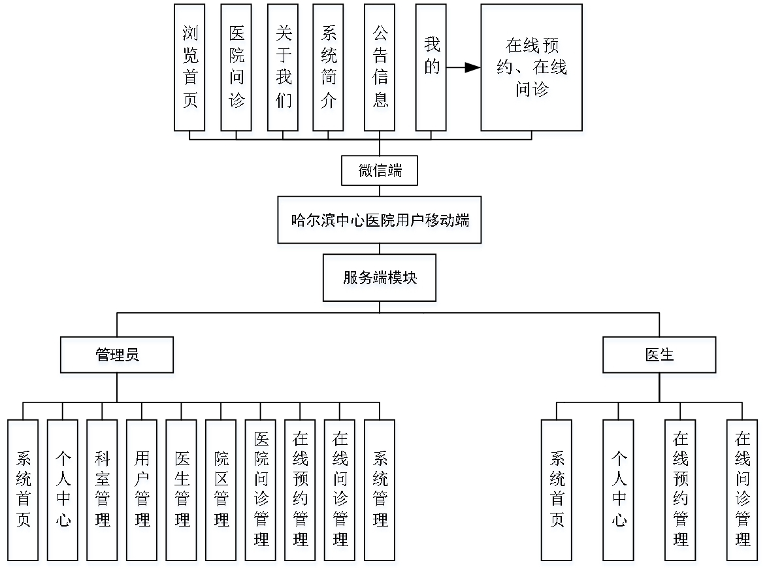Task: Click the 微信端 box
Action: click(379, 171)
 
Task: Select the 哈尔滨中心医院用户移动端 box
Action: click(379, 219)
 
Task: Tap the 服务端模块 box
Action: click(379, 278)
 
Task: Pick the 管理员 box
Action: click(117, 355)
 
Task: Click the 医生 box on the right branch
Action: click(659, 355)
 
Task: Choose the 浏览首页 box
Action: click(189, 67)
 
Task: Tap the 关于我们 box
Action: click(283, 67)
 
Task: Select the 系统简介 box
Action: click(328, 67)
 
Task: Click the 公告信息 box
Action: click(380, 67)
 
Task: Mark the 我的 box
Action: click(431, 67)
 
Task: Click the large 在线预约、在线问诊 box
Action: click(531, 67)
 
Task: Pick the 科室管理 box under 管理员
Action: click(102, 489)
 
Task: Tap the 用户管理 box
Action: click(142, 489)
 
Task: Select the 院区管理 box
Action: click(221, 489)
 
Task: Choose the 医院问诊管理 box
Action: click(261, 489)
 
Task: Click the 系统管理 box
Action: click(380, 489)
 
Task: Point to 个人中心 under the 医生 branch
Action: click(618, 489)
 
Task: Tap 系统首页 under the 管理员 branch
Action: click(23, 489)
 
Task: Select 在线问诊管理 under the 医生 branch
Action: click(742, 489)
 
